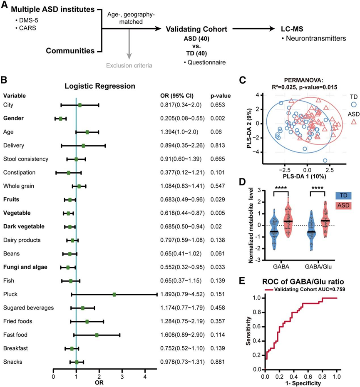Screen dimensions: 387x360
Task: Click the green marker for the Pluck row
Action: click(114, 295)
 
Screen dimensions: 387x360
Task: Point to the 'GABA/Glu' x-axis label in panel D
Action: click(318, 265)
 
